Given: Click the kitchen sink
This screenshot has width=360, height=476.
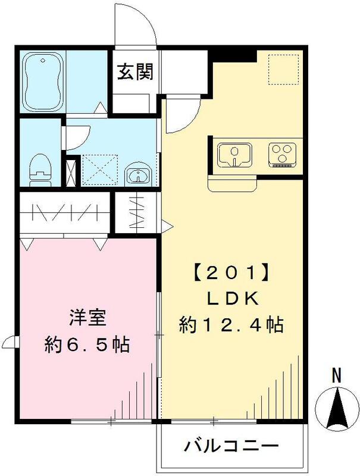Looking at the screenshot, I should [x=234, y=154].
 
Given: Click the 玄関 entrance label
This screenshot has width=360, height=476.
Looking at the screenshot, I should [x=134, y=72].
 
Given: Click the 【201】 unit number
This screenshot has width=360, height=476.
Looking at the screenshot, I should [x=230, y=275].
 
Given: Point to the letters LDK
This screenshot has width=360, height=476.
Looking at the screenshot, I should [x=230, y=299].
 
